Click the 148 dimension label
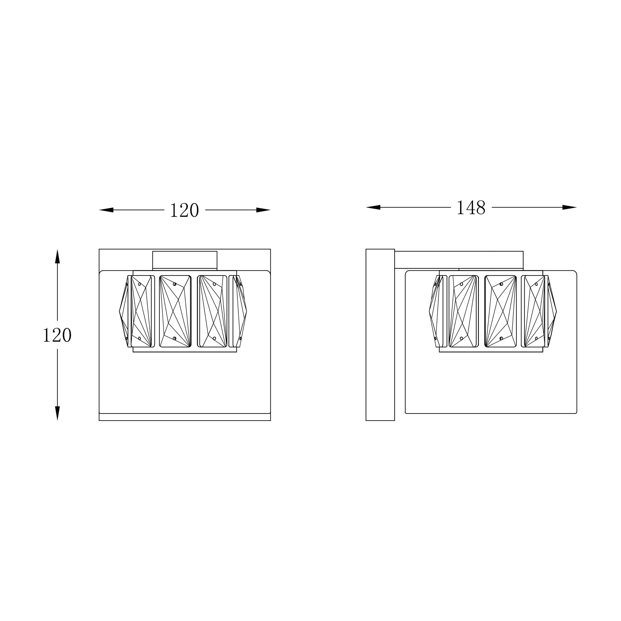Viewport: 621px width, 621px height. pos(471,208)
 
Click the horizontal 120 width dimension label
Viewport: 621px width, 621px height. pos(184,210)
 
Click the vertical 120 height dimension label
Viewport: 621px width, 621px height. pos(57,335)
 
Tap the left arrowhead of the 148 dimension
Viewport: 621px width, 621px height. pos(373,207)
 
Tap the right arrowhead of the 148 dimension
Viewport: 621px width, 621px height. pos(569,207)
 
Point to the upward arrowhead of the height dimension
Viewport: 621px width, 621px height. pos(58,256)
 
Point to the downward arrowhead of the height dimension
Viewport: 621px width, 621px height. pos(58,413)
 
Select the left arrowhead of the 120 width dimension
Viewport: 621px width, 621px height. pos(106,210)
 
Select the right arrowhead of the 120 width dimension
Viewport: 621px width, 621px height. pos(263,210)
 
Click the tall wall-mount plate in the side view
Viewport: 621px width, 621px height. pos(380,335)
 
